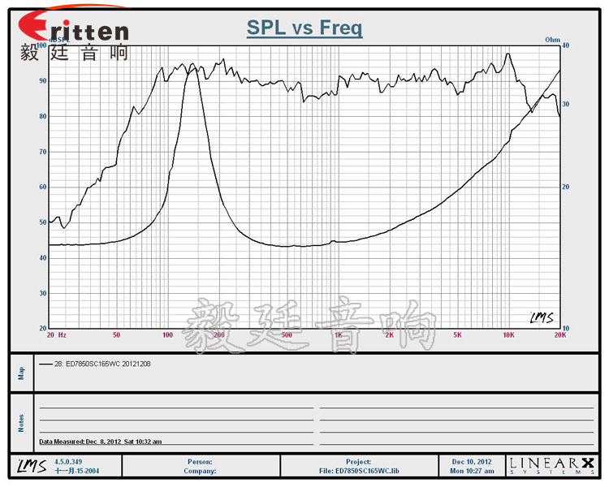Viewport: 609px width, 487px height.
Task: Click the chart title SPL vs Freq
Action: tap(304, 28)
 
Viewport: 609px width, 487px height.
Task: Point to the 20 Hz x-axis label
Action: tap(56, 334)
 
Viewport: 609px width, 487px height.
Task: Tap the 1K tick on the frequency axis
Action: tap(338, 334)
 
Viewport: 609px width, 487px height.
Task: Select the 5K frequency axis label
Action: tap(457, 334)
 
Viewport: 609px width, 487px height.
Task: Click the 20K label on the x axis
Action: tap(559, 334)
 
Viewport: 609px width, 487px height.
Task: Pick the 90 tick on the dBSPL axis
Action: tap(41, 81)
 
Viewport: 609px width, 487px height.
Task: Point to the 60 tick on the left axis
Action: tap(41, 187)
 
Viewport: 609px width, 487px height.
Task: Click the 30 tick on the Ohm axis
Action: tap(568, 105)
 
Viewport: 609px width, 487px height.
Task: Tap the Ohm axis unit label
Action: tap(553, 39)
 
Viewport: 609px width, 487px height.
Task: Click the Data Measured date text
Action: tap(100, 442)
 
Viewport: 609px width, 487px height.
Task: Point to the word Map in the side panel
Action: tap(22, 373)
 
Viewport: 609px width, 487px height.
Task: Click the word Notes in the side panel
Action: tap(22, 423)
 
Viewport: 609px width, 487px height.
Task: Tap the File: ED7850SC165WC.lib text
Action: tap(358, 471)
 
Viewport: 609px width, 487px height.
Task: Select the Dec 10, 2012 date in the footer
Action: tap(472, 461)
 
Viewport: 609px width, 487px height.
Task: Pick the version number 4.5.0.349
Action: tap(67, 461)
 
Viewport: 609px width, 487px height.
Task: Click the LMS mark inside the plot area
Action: tap(541, 317)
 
